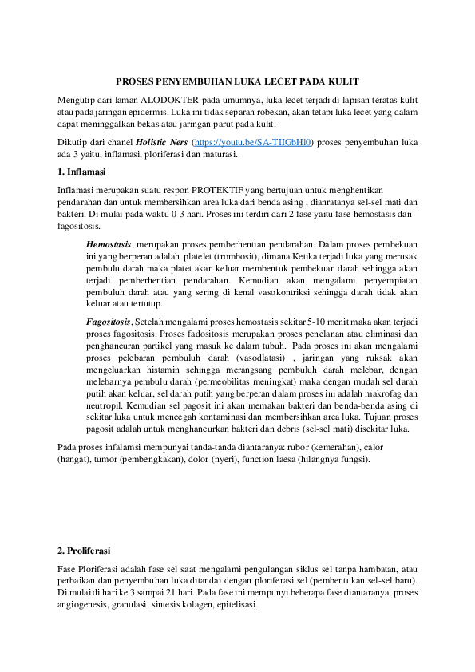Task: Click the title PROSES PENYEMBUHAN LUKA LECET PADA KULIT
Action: (237, 81)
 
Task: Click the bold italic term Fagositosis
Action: (110, 320)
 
